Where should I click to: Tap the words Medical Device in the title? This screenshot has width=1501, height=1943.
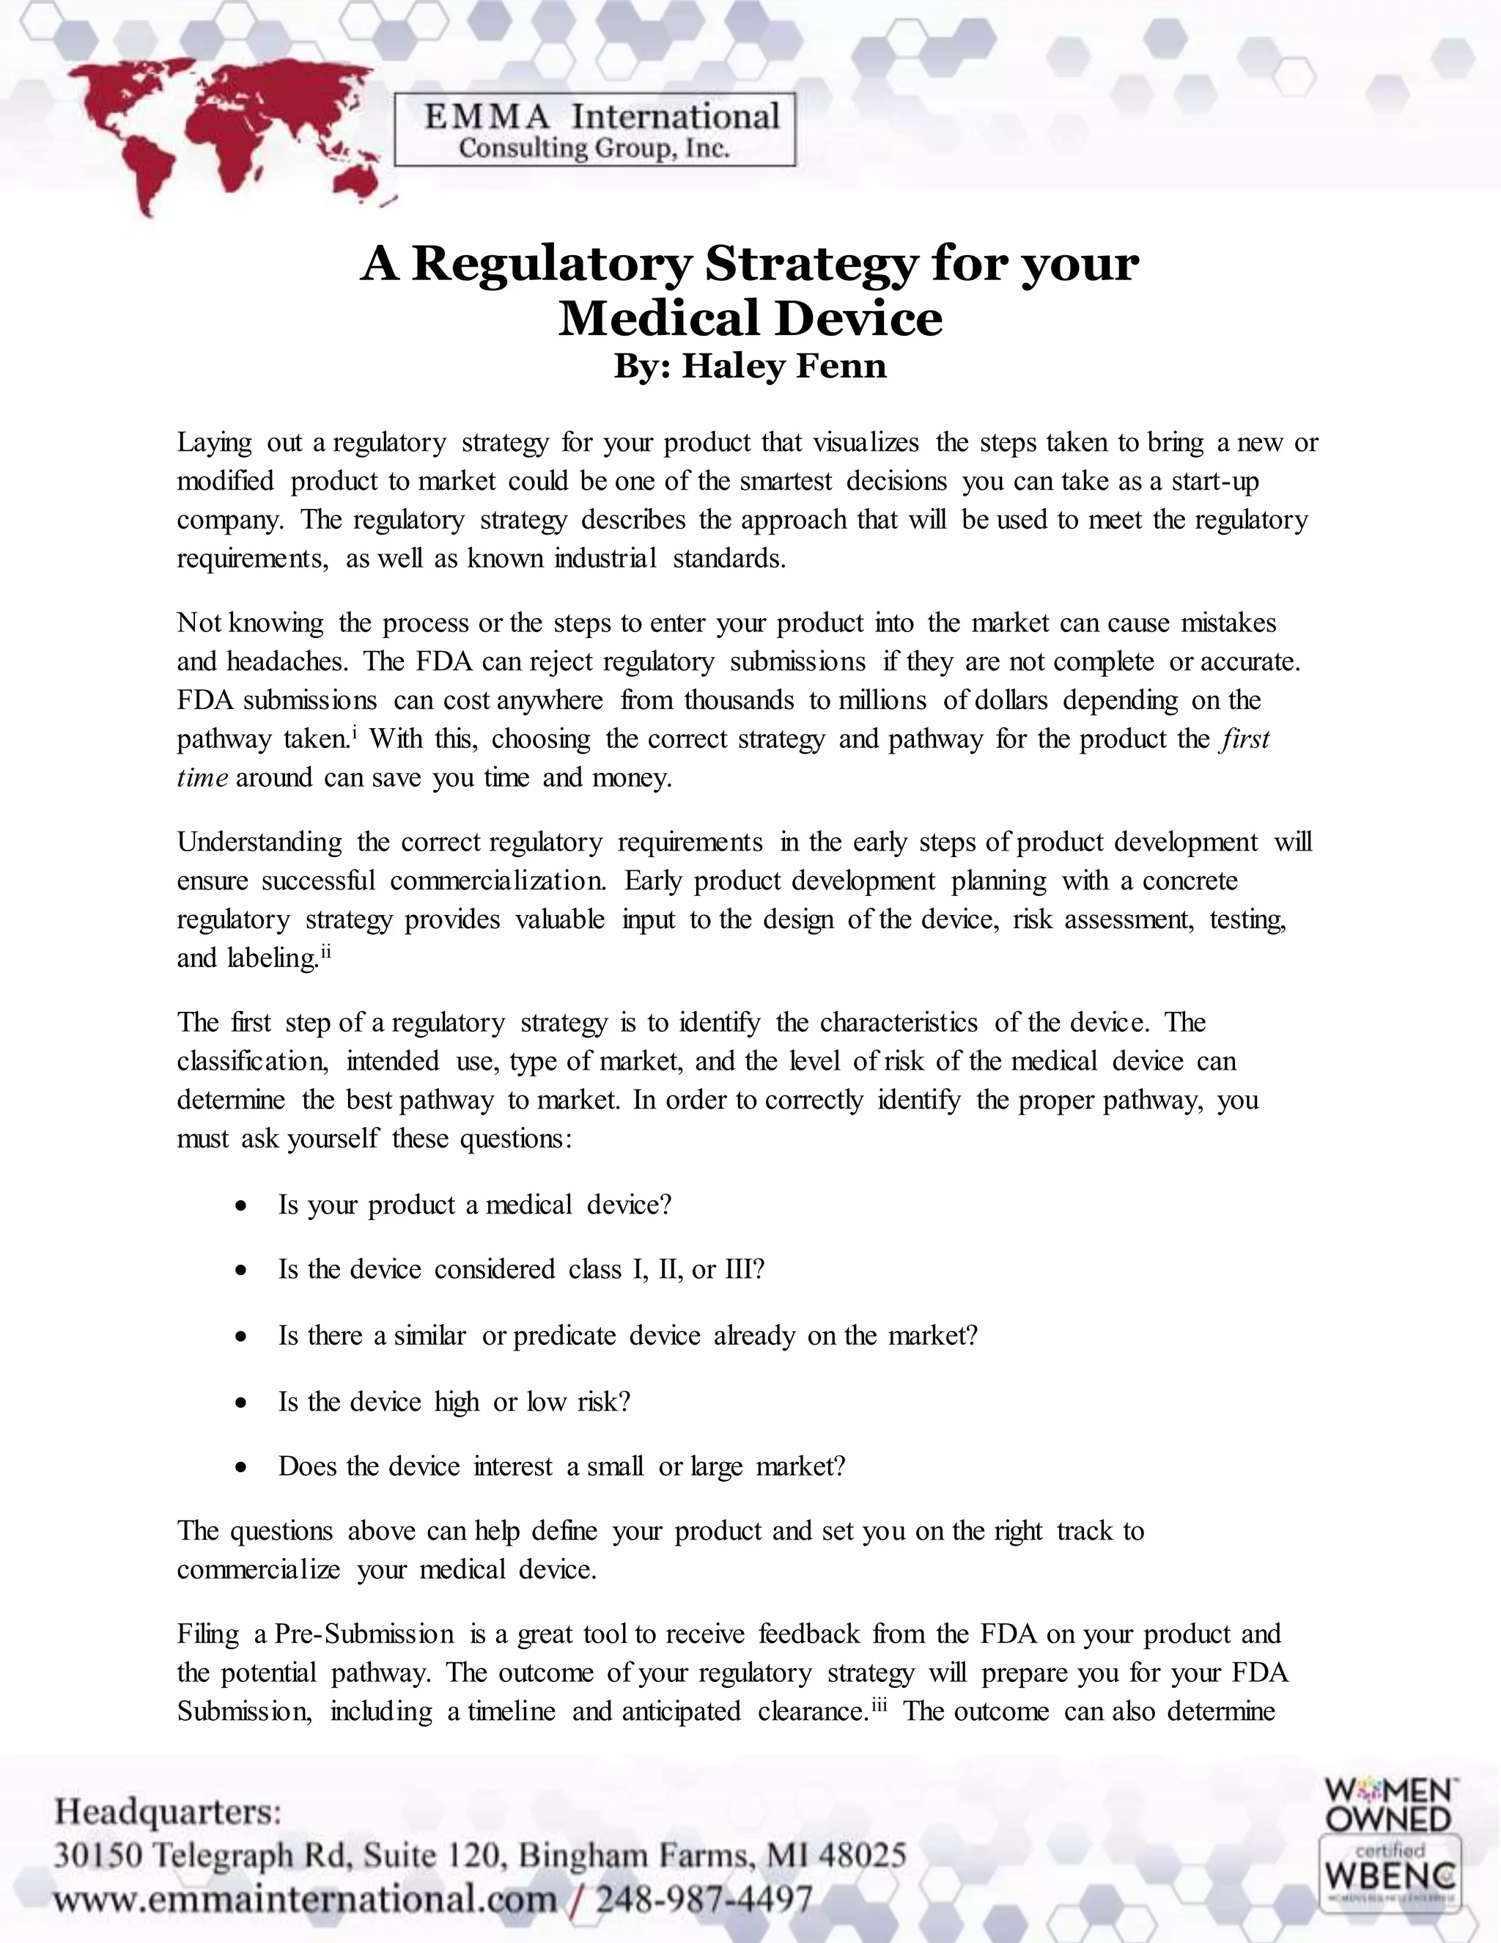[750, 318]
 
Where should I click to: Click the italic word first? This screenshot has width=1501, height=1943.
[1245, 739]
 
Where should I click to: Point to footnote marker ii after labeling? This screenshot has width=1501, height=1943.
[325, 952]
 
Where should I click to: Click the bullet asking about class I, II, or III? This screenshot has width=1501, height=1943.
[521, 1269]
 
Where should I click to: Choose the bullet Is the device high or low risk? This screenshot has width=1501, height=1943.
[454, 1401]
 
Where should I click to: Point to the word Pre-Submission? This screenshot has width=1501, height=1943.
[364, 1634]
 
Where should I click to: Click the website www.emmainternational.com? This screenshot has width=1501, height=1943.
[304, 1900]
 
